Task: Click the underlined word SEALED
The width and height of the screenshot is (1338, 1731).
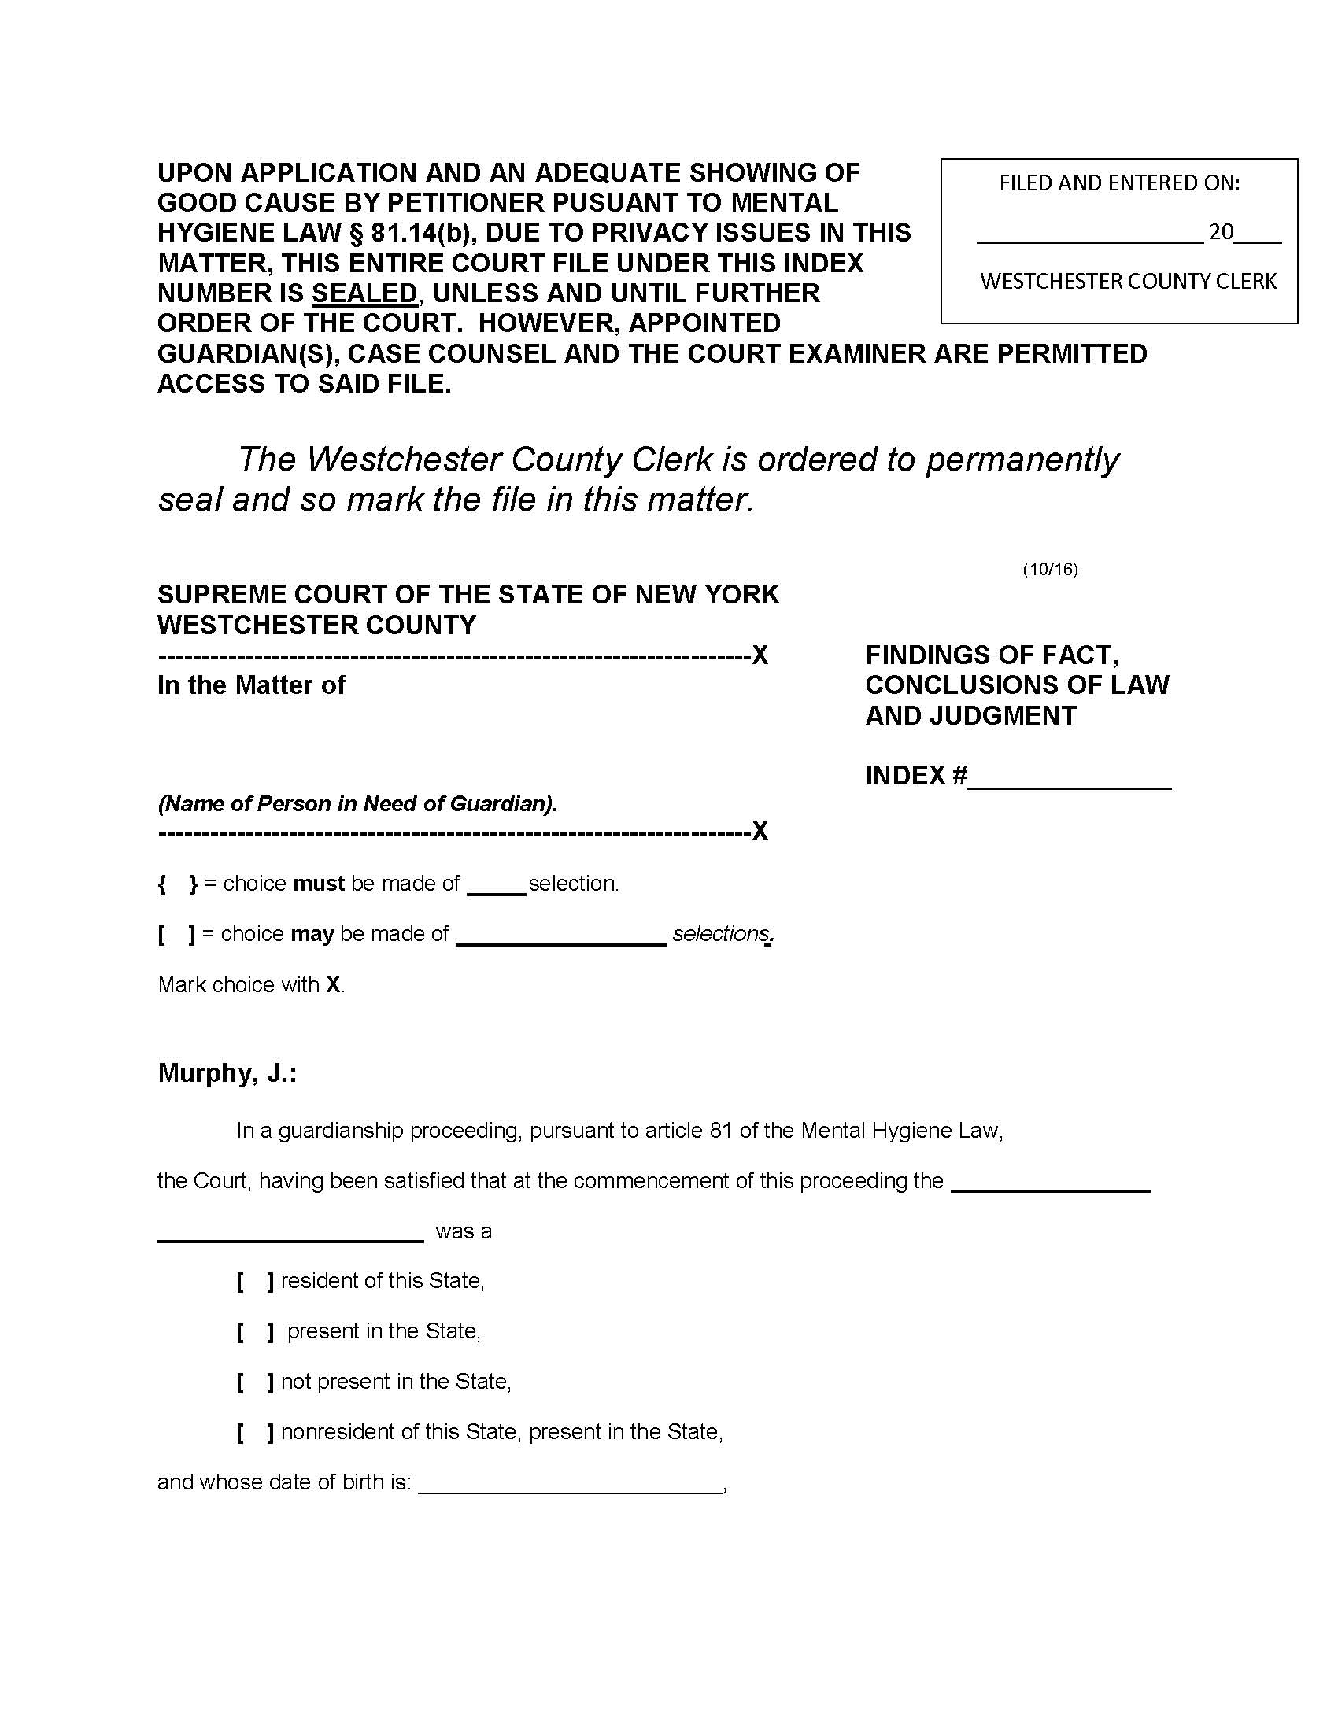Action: coord(364,293)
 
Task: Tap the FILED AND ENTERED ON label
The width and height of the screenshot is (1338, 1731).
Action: coord(1118,183)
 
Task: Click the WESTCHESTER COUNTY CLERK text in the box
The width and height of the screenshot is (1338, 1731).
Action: coord(1128,282)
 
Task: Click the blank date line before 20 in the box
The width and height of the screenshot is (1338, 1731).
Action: coord(1090,238)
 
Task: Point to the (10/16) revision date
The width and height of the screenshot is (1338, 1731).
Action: coord(1049,569)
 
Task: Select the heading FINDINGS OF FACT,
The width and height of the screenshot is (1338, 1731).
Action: coord(992,655)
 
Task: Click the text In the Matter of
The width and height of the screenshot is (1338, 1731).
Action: coord(251,685)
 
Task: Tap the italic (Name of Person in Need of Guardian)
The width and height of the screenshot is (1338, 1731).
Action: coord(357,803)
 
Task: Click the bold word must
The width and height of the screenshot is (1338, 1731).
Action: coord(319,883)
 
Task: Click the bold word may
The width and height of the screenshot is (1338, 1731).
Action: coord(312,934)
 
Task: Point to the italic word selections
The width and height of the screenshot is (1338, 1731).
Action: coord(720,934)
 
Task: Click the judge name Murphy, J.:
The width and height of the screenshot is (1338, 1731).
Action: coord(227,1072)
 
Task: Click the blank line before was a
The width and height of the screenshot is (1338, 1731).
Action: coord(290,1233)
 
